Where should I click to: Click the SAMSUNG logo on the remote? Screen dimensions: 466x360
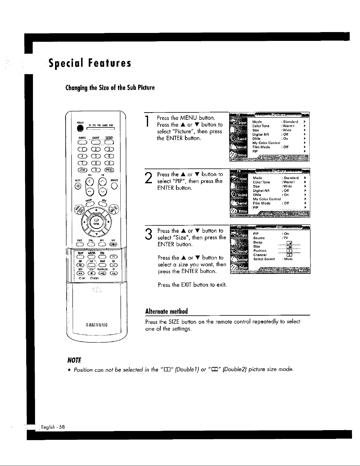[x=97, y=325]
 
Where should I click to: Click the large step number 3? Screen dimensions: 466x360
[x=149, y=234]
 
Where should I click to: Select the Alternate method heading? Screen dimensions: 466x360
[x=167, y=311]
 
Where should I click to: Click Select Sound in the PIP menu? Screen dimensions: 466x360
[x=264, y=259]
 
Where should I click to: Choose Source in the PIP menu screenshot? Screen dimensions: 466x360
[x=259, y=238]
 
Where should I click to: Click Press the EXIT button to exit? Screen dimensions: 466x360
[x=192, y=284]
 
